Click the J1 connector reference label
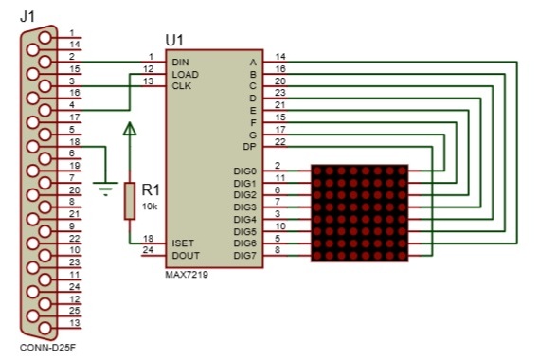point(27,16)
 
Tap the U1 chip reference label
point(174,40)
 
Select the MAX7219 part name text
point(187,275)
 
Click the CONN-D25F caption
point(47,348)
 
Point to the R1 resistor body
point(130,201)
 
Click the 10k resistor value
point(150,207)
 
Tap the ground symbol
point(105,189)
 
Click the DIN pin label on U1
point(181,63)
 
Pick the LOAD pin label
point(186,75)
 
